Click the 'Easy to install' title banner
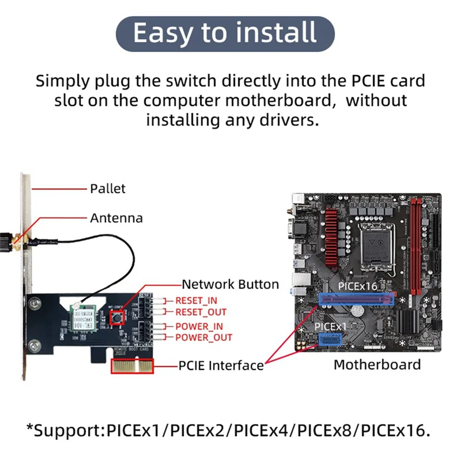(225, 33)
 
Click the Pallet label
(107, 188)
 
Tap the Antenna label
(116, 218)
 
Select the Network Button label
(230, 284)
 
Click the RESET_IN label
(197, 301)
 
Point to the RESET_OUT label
(201, 312)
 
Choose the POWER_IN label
(199, 327)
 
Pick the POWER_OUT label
(203, 337)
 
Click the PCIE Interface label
(221, 365)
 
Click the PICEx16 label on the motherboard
(357, 286)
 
